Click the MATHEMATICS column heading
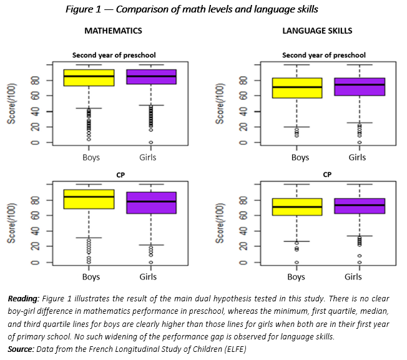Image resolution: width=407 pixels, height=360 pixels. point(113,31)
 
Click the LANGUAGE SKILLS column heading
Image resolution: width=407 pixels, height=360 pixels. point(317,31)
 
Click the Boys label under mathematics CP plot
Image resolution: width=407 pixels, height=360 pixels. point(91,276)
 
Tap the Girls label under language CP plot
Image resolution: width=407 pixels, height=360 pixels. point(357,276)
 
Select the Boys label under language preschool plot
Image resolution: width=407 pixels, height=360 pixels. point(300,157)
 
